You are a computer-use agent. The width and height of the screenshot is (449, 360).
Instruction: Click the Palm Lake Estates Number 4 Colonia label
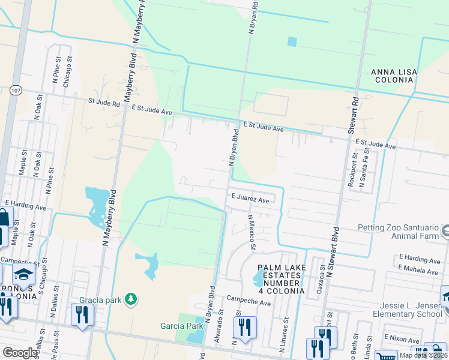pos(281,278)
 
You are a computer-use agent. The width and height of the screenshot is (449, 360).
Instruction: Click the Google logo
pos(20,353)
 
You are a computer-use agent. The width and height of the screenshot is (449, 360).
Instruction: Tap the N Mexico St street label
pos(253,231)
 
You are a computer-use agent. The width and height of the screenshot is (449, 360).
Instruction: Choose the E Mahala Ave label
pos(419,271)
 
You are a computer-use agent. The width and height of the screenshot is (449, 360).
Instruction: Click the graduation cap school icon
pos(23,276)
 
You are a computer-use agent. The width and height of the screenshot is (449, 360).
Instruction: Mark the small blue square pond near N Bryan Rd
pos(292,41)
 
